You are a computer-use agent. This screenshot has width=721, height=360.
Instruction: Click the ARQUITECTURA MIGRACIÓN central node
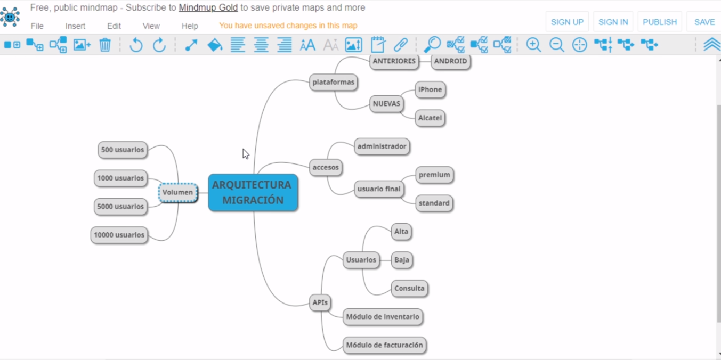[x=253, y=192]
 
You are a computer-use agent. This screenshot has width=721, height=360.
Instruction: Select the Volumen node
[x=178, y=192]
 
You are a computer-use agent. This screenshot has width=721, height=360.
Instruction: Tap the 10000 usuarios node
[x=119, y=235]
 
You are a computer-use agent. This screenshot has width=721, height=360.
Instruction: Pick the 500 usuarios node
[x=123, y=150]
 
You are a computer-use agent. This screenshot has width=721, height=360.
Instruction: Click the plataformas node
[x=334, y=82]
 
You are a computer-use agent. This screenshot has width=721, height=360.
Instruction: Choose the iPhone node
[x=430, y=89]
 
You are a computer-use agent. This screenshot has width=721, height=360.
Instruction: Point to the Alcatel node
[x=430, y=118]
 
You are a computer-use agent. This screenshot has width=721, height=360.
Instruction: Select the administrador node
[x=382, y=146]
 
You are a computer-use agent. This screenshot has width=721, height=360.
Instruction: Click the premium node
[x=434, y=175]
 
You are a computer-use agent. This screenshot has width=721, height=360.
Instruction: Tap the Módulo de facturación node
[x=384, y=345]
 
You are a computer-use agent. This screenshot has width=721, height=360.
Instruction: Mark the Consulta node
[x=409, y=288]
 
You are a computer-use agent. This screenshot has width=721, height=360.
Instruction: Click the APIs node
[x=320, y=302]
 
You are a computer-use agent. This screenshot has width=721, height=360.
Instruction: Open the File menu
[x=37, y=26]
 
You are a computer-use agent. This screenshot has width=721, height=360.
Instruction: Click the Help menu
[x=190, y=26]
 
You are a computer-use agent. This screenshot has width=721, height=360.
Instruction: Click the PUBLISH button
[x=660, y=22]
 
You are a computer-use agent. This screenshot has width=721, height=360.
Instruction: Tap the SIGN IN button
[x=613, y=22]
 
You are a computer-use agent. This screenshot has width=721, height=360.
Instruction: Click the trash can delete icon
[x=105, y=45]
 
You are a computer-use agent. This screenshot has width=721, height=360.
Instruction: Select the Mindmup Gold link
[x=208, y=7]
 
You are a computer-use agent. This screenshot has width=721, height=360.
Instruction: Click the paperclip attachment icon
[x=401, y=45]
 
